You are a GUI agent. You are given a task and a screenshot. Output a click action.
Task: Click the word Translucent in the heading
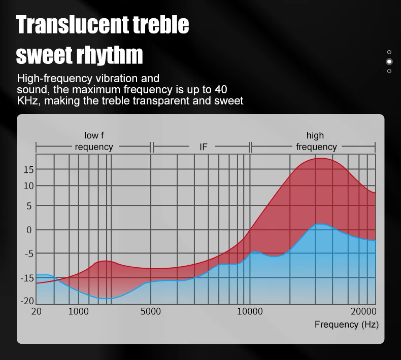point(73,24)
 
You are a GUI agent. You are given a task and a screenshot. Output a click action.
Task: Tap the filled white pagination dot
point(389,61)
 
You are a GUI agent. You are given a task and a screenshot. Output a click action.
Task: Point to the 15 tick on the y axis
point(28,170)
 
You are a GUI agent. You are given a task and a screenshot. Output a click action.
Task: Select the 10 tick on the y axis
point(28,186)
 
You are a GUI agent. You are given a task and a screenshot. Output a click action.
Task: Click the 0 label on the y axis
point(29,230)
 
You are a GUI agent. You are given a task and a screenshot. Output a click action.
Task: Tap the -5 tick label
point(29,254)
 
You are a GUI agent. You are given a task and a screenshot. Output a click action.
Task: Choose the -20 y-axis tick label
point(27,301)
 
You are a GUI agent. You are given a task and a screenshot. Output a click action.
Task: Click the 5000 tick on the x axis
point(150,311)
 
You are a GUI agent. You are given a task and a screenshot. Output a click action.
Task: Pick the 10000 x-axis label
point(250,311)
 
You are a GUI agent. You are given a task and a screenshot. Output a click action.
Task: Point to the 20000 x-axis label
point(363,311)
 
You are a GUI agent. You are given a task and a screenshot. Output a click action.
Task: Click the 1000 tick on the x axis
point(79,311)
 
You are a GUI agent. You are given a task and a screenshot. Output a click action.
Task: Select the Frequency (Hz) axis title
point(347,325)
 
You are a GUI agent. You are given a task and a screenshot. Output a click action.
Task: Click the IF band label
point(204,147)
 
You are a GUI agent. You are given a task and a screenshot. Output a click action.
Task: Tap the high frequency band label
point(316,141)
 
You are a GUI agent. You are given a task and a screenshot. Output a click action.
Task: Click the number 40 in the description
point(221,90)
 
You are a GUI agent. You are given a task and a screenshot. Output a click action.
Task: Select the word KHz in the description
point(27,101)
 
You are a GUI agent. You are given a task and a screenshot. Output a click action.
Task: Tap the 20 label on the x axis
point(37,311)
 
